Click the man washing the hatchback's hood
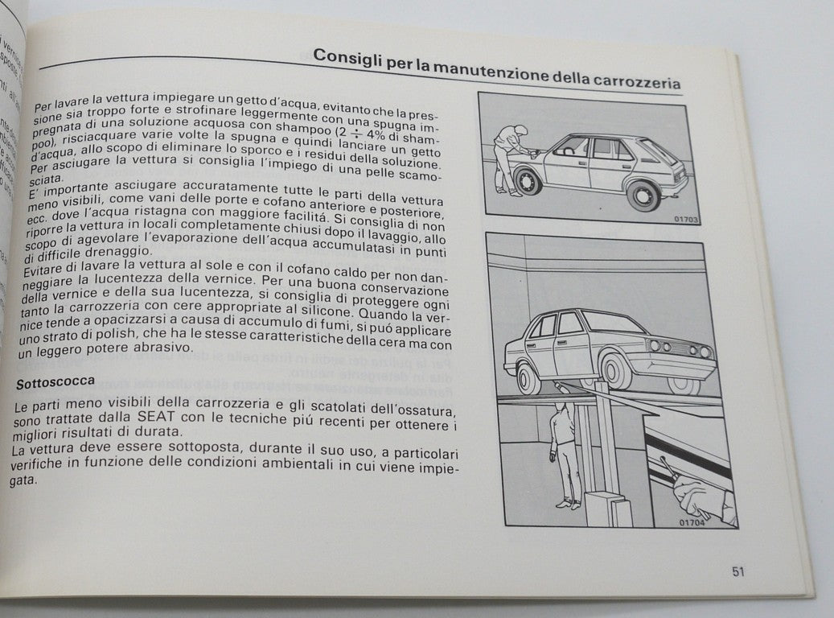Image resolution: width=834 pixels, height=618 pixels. coord(508,157)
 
